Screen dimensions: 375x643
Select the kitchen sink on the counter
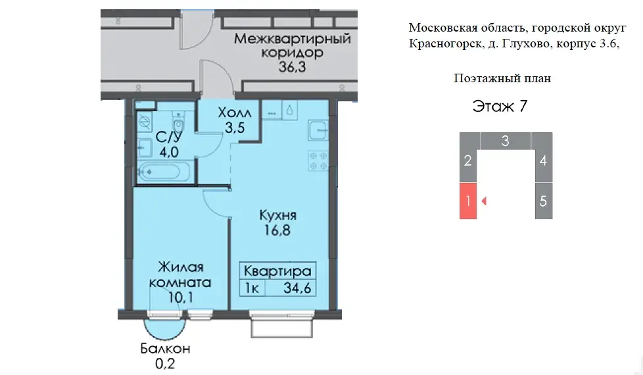tap(318, 131)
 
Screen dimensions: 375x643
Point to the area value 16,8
tap(277, 230)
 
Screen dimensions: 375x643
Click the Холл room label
tap(235, 113)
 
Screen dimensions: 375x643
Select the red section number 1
tap(467, 201)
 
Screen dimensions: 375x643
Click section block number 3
tap(505, 140)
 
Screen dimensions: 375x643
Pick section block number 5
tap(543, 201)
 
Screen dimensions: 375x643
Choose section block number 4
tap(543, 160)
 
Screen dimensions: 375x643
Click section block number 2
tap(467, 160)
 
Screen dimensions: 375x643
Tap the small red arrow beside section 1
tap(484, 201)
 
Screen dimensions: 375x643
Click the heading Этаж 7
tap(501, 107)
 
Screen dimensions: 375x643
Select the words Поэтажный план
tap(502, 78)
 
